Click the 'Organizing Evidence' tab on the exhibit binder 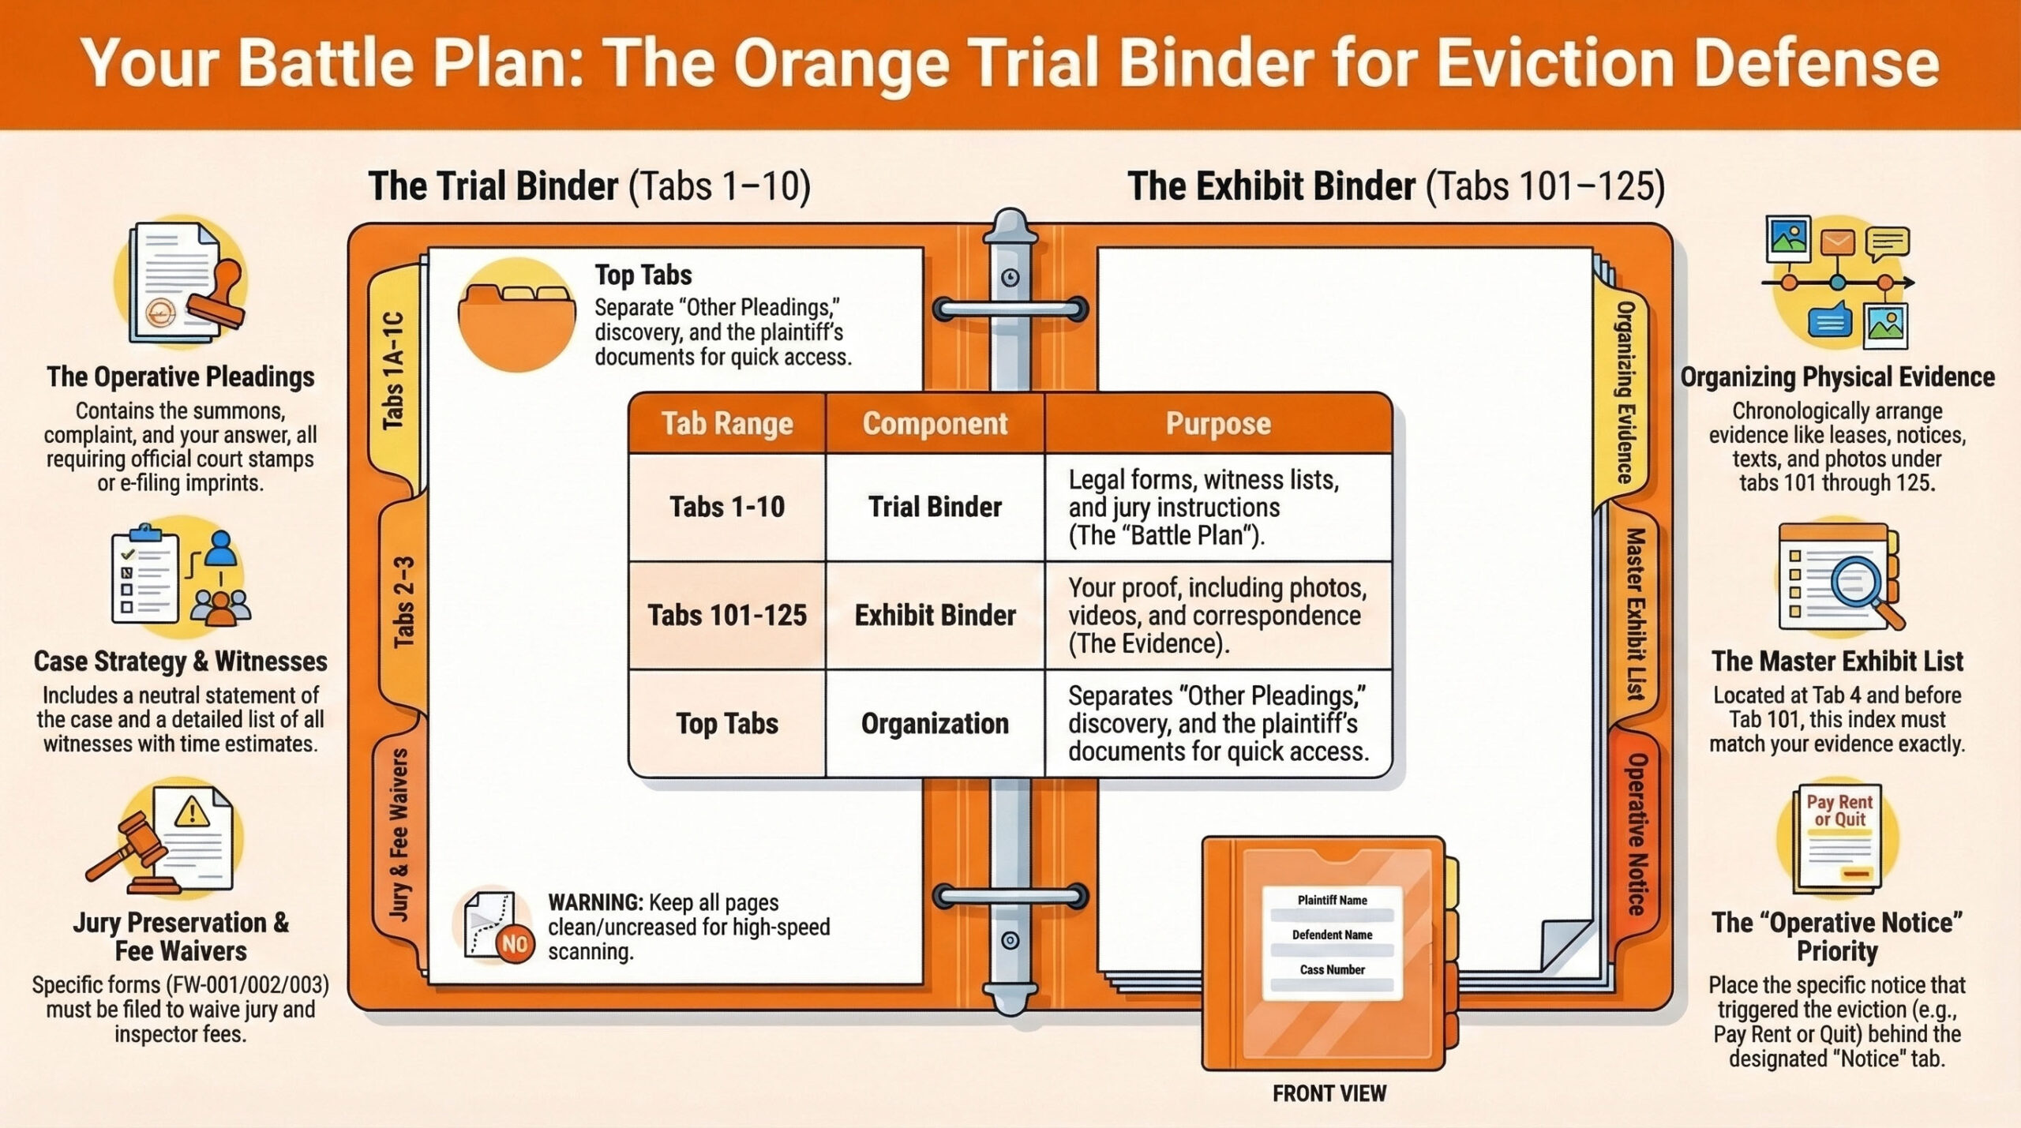pos(1624,392)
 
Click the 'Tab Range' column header pos(727,424)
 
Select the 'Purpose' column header pos(1218,424)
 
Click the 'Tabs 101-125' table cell pos(727,616)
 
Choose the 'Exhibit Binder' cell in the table pos(935,616)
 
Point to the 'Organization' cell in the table pos(935,724)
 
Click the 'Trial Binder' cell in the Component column pos(935,507)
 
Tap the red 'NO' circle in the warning pos(515,944)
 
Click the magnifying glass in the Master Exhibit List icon pos(1856,584)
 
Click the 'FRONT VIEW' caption pos(1329,1093)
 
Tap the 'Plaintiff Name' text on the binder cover pos(1333,900)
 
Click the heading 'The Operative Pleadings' pos(181,377)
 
